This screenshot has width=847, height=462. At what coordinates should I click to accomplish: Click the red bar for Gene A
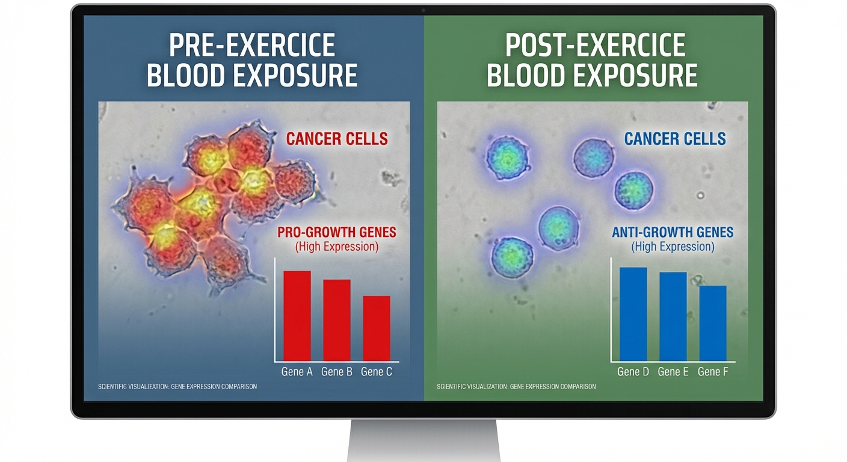pyautogui.click(x=297, y=316)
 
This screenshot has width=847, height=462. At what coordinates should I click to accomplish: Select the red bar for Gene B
pyautogui.click(x=337, y=320)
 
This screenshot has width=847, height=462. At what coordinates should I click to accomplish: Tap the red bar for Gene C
pyautogui.click(x=377, y=328)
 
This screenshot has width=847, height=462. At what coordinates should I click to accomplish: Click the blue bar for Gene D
pyautogui.click(x=633, y=314)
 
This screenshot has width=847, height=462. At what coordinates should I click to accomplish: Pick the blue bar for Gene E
pyautogui.click(x=673, y=316)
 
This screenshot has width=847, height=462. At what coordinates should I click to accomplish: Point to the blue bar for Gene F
pyautogui.click(x=713, y=323)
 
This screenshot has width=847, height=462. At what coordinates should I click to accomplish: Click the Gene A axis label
pyautogui.click(x=297, y=372)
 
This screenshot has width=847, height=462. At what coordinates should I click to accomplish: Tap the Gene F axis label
pyautogui.click(x=713, y=372)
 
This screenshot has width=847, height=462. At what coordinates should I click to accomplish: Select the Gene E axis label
pyautogui.click(x=673, y=372)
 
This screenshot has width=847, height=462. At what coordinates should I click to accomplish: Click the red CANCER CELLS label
pyautogui.click(x=337, y=139)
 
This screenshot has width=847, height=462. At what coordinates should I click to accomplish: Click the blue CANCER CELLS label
pyautogui.click(x=675, y=139)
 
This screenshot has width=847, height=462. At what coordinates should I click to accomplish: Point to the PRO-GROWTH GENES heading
pyautogui.click(x=337, y=232)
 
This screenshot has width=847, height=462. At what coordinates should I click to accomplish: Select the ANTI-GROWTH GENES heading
pyautogui.click(x=673, y=232)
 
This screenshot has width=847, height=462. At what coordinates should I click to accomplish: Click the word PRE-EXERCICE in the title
pyautogui.click(x=252, y=46)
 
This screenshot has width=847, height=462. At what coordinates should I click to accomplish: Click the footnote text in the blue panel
pyautogui.click(x=177, y=386)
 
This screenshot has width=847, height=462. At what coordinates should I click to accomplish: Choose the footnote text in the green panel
pyautogui.click(x=516, y=386)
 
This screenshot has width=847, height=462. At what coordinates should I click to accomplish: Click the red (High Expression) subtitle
pyautogui.click(x=337, y=247)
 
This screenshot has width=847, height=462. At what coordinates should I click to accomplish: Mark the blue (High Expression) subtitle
pyautogui.click(x=673, y=247)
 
